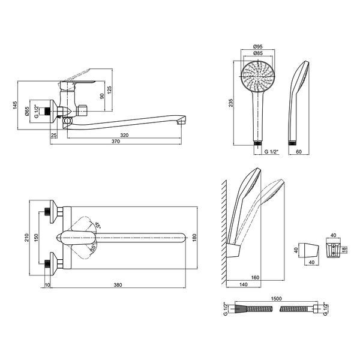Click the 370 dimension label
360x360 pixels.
(116, 142)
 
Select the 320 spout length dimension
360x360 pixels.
(124, 135)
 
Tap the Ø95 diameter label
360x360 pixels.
(257, 47)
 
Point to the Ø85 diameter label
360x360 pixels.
(257, 53)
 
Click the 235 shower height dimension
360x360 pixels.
(231, 103)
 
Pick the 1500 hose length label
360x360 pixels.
(276, 299)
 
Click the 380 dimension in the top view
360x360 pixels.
(118, 285)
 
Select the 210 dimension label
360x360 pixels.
(26, 238)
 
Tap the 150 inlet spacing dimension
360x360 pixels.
(36, 238)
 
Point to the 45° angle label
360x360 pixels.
(98, 225)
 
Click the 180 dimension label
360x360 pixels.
(194, 238)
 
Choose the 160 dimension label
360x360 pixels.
(255, 278)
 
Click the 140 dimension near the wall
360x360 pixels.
(244, 284)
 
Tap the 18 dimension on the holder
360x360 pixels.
(344, 250)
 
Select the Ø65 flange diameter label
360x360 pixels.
(26, 112)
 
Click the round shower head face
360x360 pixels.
(257, 76)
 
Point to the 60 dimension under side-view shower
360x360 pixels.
(299, 152)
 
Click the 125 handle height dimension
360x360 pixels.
(109, 90)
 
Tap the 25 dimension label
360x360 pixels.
(54, 135)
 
